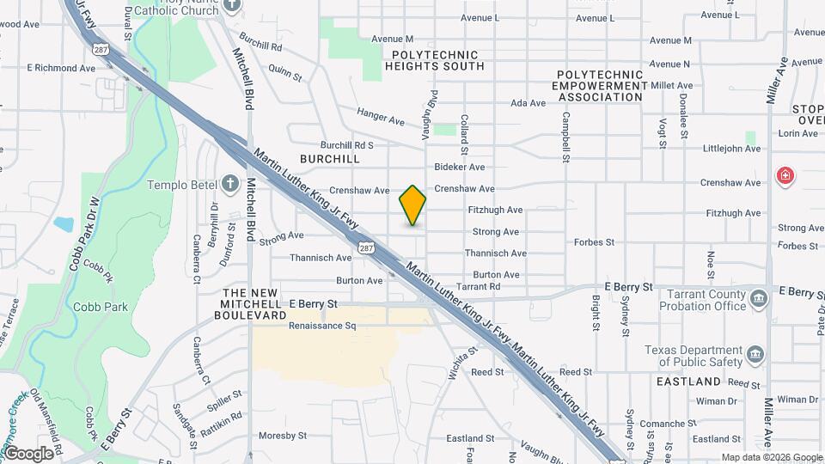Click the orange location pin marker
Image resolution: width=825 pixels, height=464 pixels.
coord(413,205)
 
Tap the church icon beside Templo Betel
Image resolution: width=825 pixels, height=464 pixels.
coord(229,184)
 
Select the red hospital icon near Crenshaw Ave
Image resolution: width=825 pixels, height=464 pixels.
coord(785,177)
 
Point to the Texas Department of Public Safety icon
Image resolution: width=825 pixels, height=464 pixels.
coord(755,354)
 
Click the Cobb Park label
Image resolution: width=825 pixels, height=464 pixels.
coord(101,307)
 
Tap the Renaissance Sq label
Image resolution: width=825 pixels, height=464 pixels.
coord(322,327)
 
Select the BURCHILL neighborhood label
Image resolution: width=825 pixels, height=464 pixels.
coord(330,160)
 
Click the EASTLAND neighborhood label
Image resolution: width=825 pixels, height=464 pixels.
coord(688,381)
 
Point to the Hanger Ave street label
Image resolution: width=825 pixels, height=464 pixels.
coord(380,117)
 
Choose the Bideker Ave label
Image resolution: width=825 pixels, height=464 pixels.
coord(460,167)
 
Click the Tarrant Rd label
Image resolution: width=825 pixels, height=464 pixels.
coord(478,286)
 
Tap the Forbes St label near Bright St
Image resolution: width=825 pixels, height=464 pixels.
coord(594,242)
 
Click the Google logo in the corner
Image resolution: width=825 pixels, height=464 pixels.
coord(28,453)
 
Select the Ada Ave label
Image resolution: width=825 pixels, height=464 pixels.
coord(528,103)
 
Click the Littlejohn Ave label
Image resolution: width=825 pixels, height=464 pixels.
coord(731,149)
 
